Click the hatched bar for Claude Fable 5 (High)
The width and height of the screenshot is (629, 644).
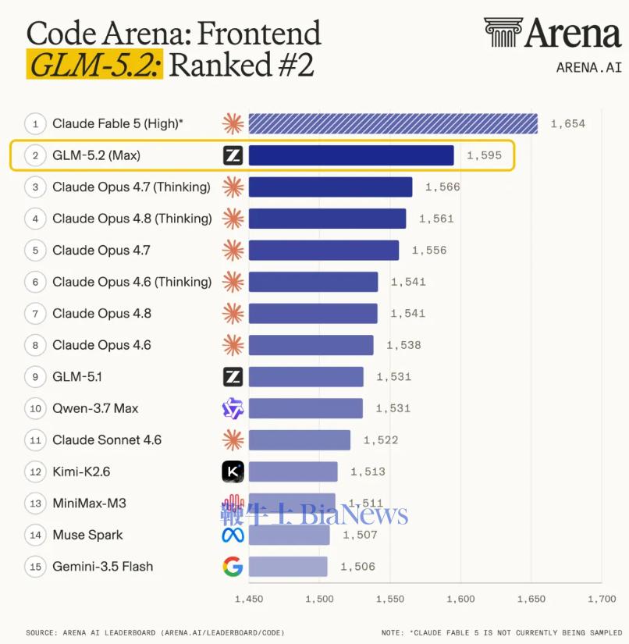(x=393, y=123)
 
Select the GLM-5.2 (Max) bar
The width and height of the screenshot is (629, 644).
(x=351, y=155)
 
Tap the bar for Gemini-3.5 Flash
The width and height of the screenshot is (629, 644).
(x=288, y=567)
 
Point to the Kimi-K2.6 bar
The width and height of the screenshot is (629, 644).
(x=293, y=471)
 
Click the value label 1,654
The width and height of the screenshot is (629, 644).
(x=568, y=123)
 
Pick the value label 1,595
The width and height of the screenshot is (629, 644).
(x=484, y=155)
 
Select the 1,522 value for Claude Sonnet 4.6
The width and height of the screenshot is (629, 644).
(x=381, y=440)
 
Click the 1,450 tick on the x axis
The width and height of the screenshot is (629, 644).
(x=249, y=599)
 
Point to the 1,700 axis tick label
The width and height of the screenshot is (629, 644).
(x=602, y=599)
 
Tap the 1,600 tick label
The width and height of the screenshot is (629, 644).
(x=460, y=599)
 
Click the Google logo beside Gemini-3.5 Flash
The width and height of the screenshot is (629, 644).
(x=233, y=567)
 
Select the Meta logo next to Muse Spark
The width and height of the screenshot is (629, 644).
(x=233, y=535)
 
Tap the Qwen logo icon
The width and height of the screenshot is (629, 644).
(x=233, y=408)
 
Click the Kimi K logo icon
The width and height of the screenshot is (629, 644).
(x=233, y=471)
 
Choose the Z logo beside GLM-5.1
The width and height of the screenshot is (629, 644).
(x=233, y=376)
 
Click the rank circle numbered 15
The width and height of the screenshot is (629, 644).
(x=35, y=567)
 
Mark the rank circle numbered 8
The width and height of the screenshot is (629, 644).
(x=35, y=345)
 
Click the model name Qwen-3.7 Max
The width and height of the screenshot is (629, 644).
(x=95, y=408)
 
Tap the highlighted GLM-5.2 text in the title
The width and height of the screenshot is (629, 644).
(x=95, y=65)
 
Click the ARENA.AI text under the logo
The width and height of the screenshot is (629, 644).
(x=589, y=67)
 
